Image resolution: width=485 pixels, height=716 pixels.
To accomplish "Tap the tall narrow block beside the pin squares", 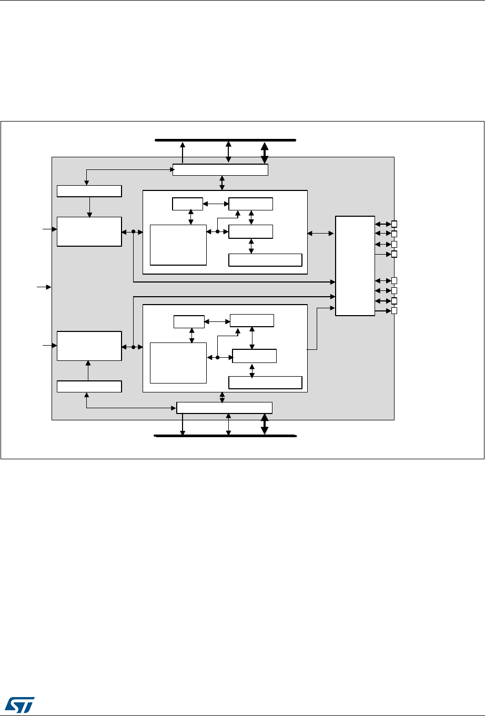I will point(355,266).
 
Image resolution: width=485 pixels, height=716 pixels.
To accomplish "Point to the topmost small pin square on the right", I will point(394,224).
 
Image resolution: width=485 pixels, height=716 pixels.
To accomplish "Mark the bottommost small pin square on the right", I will point(394,311).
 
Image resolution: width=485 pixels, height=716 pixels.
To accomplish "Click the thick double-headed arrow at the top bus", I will point(265,153).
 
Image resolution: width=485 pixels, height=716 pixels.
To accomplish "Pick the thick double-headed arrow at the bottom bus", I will point(265,425).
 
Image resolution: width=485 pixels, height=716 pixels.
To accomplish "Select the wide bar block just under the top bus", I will point(220,170).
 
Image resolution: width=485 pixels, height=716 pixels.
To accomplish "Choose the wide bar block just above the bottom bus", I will point(224,408).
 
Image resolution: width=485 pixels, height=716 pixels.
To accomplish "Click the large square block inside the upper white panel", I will point(178,245).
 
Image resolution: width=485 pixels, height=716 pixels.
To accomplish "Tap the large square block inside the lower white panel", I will point(178,363).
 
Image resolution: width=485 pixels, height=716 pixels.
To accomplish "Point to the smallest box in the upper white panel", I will point(187,203).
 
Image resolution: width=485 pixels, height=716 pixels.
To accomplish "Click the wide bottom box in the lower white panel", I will point(265,382).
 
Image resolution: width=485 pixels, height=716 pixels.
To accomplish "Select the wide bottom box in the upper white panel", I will point(265,260).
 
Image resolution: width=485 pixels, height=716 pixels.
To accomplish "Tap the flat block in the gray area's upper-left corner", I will point(89,191).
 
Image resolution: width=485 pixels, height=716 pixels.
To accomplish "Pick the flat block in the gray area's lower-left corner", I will point(89,386).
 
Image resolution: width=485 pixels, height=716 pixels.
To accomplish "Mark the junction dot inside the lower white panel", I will point(217,357).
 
